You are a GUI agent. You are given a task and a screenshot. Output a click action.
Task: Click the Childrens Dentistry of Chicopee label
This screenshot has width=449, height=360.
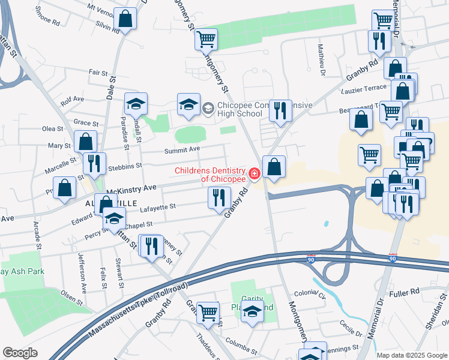[x=210, y=175]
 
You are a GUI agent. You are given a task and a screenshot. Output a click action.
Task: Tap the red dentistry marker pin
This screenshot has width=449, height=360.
[x=255, y=174]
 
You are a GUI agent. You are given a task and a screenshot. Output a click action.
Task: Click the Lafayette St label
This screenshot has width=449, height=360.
[x=157, y=206]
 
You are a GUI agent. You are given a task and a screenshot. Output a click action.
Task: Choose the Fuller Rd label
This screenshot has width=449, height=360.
[x=407, y=292]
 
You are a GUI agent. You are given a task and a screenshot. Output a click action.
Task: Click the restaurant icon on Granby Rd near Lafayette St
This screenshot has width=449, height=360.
[x=219, y=197]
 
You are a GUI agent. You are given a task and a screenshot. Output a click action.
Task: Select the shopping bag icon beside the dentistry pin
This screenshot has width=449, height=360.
[x=274, y=167]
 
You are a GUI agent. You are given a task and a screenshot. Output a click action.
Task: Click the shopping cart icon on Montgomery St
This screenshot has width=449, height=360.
[x=206, y=39]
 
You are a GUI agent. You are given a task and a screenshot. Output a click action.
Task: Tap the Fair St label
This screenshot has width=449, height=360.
[x=97, y=72]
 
